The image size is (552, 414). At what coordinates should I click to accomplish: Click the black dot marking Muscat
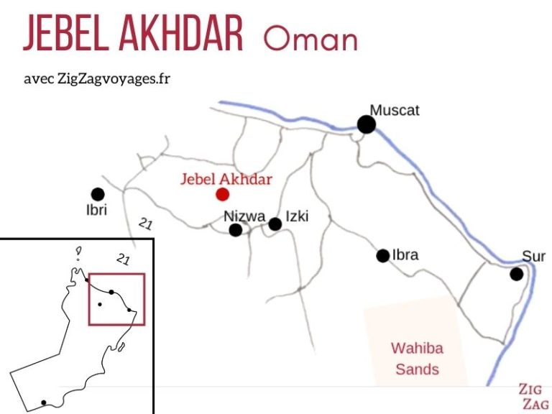pyautogui.click(x=367, y=125)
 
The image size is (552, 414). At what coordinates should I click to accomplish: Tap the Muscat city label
pyautogui.click(x=395, y=111)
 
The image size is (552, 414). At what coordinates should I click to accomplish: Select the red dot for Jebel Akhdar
pyautogui.click(x=223, y=194)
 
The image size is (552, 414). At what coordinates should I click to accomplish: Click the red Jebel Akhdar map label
pyautogui.click(x=226, y=179)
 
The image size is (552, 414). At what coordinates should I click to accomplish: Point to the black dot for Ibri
pyautogui.click(x=98, y=194)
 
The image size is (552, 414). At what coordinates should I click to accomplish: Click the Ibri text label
pyautogui.click(x=97, y=211)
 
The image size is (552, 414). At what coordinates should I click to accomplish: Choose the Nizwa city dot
pyautogui.click(x=235, y=230)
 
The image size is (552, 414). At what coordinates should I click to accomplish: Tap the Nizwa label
pyautogui.click(x=244, y=216)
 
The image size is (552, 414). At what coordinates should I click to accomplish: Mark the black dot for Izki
pyautogui.click(x=275, y=224)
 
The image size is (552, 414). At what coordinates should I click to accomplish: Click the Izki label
pyautogui.click(x=297, y=216)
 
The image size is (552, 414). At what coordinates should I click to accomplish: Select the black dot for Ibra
pyautogui.click(x=382, y=255)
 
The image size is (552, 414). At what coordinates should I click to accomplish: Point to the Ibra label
pyautogui.click(x=406, y=254)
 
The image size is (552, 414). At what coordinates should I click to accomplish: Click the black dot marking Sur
pyautogui.click(x=516, y=274)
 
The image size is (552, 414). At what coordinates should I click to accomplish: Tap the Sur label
pyautogui.click(x=534, y=257)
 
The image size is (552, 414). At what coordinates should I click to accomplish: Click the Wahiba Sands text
pyautogui.click(x=417, y=359)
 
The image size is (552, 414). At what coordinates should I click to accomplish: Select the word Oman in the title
pyautogui.click(x=310, y=38)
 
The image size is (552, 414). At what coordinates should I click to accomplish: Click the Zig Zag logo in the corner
pyautogui.click(x=534, y=397)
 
